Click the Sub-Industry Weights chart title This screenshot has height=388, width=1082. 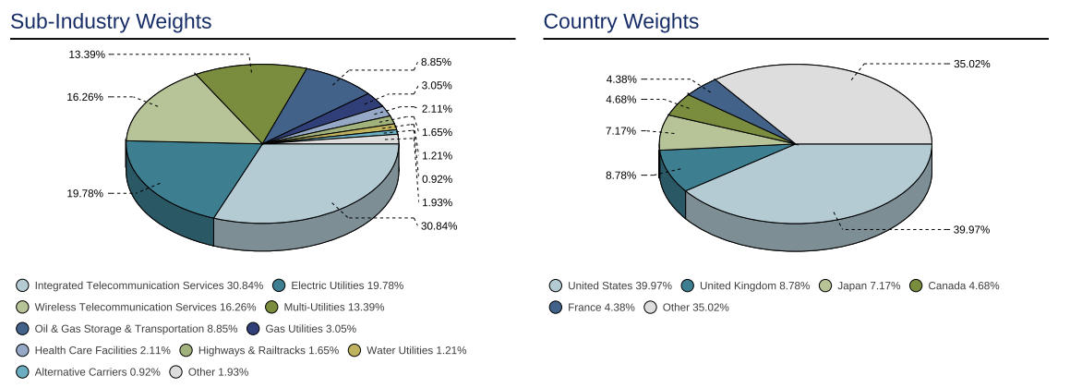click(x=111, y=21)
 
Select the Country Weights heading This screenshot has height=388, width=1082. click(x=620, y=21)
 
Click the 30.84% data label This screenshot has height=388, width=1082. click(x=439, y=226)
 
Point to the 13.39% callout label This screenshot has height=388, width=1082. click(x=87, y=55)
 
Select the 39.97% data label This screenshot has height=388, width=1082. click(x=971, y=230)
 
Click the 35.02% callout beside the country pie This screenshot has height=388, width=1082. click(x=971, y=65)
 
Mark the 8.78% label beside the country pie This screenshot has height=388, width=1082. click(x=620, y=176)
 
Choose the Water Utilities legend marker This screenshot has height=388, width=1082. click(x=355, y=350)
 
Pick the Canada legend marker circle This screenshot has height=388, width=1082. click(x=916, y=285)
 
